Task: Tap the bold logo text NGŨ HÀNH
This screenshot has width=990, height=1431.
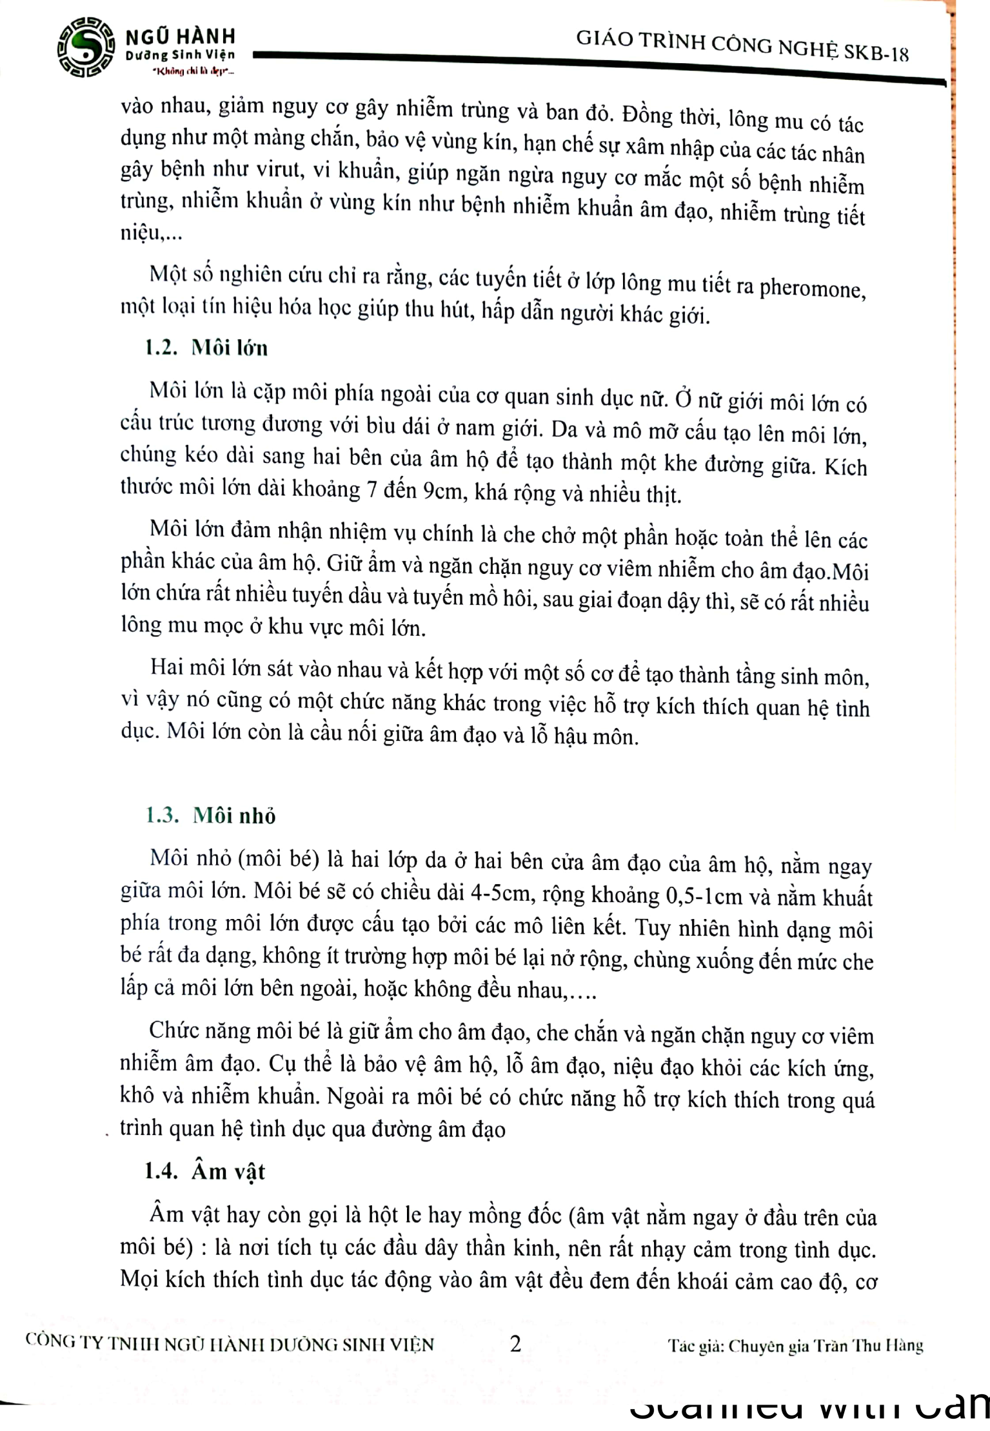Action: click(180, 36)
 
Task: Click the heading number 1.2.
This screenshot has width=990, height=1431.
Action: click(161, 348)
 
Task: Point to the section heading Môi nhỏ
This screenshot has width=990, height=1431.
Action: click(234, 816)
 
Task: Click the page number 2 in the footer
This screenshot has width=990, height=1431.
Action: click(515, 1344)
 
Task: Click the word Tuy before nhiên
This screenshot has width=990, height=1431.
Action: click(653, 927)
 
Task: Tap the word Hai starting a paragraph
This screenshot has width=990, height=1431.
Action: click(168, 667)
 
